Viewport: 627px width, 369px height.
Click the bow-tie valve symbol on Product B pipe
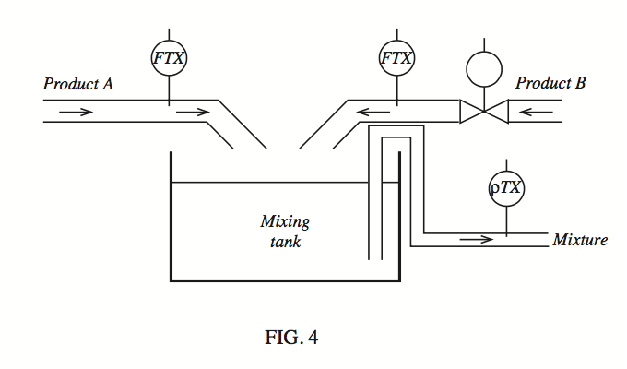(x=484, y=112)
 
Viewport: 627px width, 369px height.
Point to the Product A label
(x=78, y=84)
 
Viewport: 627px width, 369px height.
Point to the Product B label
(x=550, y=83)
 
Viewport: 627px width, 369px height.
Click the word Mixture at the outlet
(x=580, y=240)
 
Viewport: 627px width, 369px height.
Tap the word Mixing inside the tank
(x=285, y=222)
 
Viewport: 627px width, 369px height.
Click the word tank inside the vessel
(x=285, y=242)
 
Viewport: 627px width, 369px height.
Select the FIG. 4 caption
(x=291, y=337)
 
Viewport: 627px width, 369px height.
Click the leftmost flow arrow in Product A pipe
(x=76, y=112)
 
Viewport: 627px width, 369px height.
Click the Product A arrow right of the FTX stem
(x=193, y=112)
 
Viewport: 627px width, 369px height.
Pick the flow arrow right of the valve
(x=536, y=112)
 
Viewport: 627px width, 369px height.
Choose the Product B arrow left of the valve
(x=373, y=112)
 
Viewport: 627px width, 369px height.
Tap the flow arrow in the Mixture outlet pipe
(x=477, y=240)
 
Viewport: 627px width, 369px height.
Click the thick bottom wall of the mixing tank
(x=285, y=280)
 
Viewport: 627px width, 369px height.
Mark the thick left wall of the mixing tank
(x=172, y=217)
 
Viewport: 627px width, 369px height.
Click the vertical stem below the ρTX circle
(x=506, y=221)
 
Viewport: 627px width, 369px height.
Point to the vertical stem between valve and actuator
(x=484, y=100)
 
